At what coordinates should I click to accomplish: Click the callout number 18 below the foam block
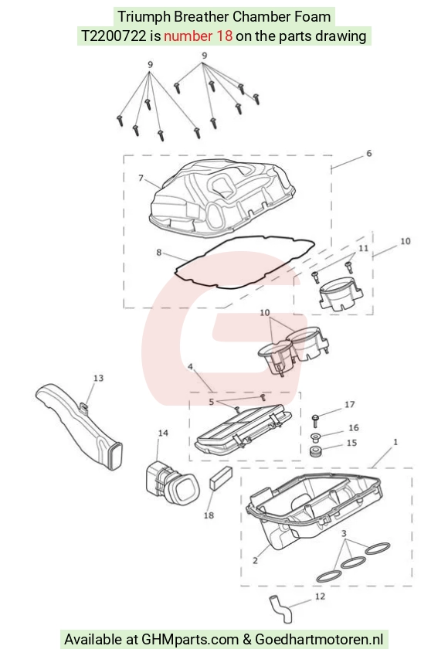[x=209, y=515]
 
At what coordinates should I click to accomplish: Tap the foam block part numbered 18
[x=220, y=478]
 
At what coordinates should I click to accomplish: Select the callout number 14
[x=163, y=433]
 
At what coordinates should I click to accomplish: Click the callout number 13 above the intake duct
[x=98, y=378]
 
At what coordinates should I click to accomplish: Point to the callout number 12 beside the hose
[x=320, y=597]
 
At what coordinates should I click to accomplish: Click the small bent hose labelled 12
[x=280, y=609]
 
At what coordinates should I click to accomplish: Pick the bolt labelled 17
[x=315, y=420]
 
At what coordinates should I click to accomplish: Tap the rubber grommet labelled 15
[x=315, y=452]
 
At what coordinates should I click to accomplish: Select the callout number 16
[x=354, y=427]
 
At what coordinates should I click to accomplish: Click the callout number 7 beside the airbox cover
[x=141, y=178]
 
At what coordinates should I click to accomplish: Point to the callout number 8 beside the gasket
[x=159, y=252]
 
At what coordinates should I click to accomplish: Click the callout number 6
[x=369, y=154]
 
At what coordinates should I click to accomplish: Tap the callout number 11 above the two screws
[x=363, y=248]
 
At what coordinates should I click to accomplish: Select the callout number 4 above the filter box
[x=190, y=367]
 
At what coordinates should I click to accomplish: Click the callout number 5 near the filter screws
[x=211, y=402]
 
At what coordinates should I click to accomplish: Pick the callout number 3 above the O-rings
[x=344, y=533]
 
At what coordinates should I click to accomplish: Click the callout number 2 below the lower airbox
[x=255, y=561]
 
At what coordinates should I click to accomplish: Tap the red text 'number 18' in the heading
[x=198, y=36]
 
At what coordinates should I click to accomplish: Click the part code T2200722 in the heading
[x=114, y=36]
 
